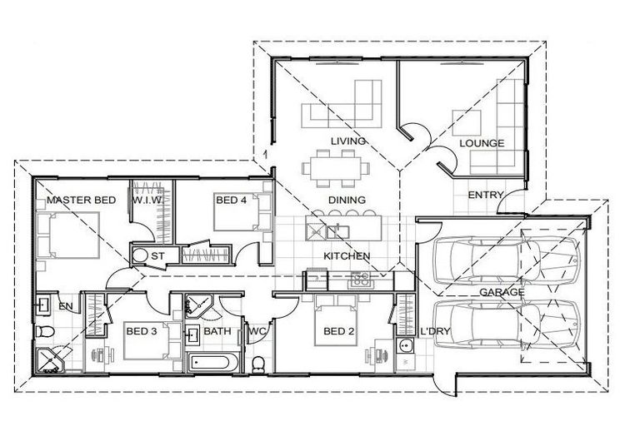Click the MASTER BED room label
(81, 201)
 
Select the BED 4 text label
(231, 201)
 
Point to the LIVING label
(347, 141)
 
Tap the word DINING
(347, 201)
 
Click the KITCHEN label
(347, 255)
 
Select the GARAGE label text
(501, 292)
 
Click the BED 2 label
(340, 331)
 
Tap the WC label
(257, 331)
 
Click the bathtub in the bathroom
(213, 363)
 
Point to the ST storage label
(157, 255)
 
